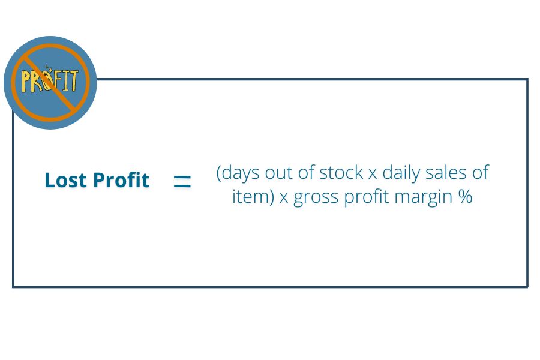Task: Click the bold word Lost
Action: click(66, 180)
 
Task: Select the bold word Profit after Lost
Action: click(121, 180)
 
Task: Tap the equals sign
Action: click(182, 181)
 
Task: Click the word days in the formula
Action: click(240, 173)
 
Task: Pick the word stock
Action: click(341, 172)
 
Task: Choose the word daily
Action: click(401, 173)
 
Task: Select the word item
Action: click(250, 197)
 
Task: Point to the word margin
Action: click(423, 199)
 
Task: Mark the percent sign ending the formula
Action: click(465, 197)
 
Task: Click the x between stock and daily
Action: click(373, 175)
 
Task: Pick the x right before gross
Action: click(284, 199)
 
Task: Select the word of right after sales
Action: click(481, 172)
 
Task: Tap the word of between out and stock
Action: click(306, 172)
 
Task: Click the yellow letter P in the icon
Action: click(26, 82)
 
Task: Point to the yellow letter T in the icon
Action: click(73, 80)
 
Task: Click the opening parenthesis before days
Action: click(218, 173)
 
